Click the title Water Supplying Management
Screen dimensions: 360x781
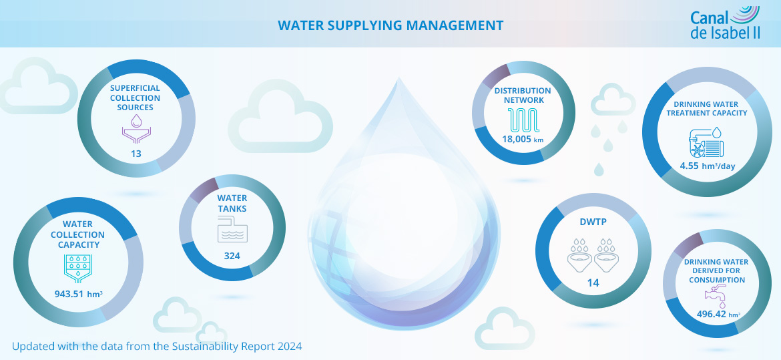point(390,25)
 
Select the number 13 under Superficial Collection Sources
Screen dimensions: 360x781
point(136,154)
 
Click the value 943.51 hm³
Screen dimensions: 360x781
point(78,293)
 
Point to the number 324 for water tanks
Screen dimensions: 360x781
point(232,256)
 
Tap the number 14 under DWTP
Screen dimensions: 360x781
point(592,283)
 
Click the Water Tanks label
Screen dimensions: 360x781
point(232,204)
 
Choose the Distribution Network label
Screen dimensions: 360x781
point(523,96)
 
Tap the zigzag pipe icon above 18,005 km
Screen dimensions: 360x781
point(523,120)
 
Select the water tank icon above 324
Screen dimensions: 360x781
point(232,232)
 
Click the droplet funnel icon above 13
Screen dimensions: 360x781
point(136,129)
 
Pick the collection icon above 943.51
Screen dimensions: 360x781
point(77,268)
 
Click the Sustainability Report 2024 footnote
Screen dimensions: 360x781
point(157,346)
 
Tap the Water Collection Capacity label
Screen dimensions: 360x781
point(77,234)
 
